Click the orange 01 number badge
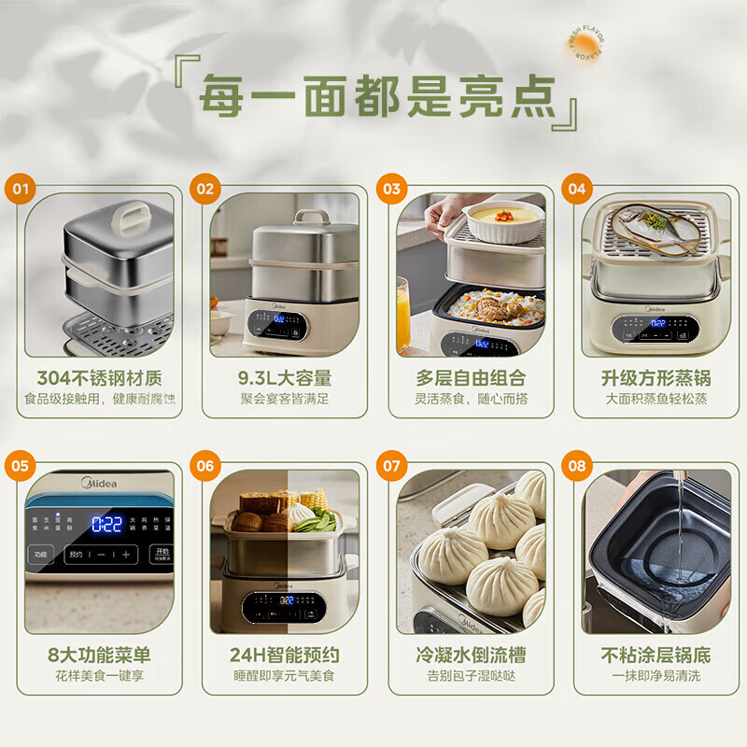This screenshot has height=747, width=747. [21, 189]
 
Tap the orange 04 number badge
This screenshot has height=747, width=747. [576, 189]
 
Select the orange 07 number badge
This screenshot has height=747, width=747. [392, 465]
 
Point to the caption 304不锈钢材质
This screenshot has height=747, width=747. [99, 378]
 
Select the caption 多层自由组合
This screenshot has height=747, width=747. [471, 378]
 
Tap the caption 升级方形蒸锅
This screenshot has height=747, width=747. [655, 378]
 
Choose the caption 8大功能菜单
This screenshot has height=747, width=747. [99, 655]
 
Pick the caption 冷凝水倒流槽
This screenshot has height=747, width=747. [471, 655]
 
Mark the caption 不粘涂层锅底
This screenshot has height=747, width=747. [655, 655]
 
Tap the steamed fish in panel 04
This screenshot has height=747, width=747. [654, 227]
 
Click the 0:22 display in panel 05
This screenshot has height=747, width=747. [106, 524]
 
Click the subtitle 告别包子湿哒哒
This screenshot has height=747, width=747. [471, 675]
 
